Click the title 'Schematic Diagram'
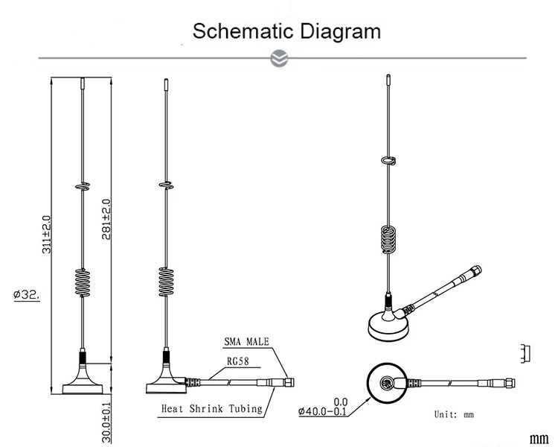[286, 32]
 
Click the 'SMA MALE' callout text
[248, 343]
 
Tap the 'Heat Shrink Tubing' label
[212, 408]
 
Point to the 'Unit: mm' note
[454, 414]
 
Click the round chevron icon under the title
[279, 58]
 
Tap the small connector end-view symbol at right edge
[526, 352]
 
